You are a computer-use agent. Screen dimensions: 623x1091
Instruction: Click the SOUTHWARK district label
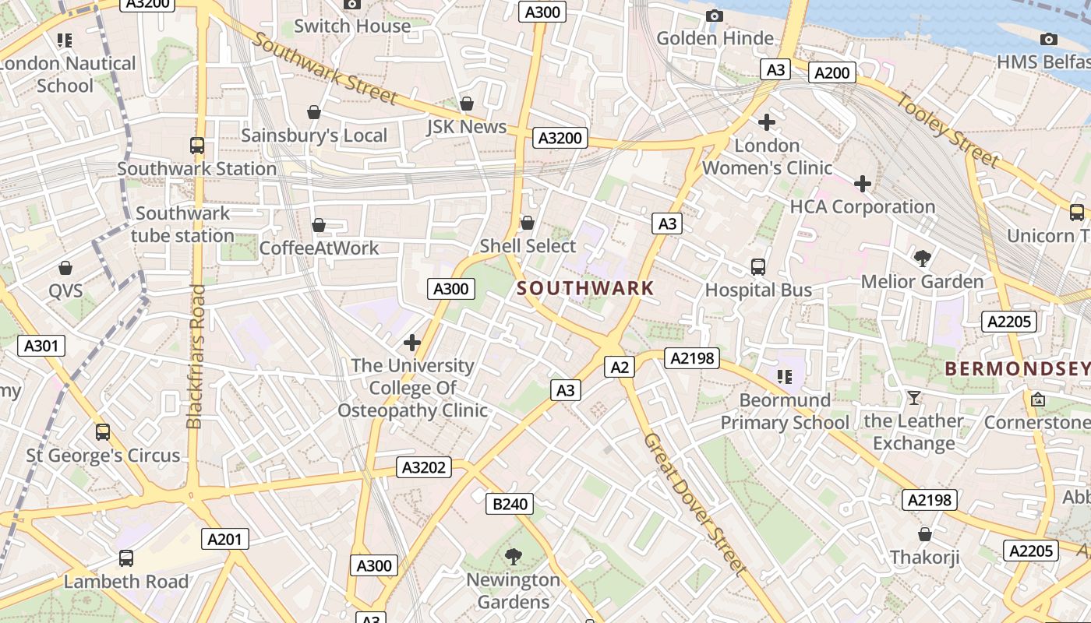(585, 288)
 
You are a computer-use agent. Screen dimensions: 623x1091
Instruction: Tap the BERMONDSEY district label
(1017, 369)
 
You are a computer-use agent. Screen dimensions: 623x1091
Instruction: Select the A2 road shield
(620, 367)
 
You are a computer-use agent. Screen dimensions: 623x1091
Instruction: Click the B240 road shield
(510, 504)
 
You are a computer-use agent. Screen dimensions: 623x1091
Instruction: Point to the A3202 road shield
(424, 467)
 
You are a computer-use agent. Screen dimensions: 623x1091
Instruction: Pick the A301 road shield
(41, 346)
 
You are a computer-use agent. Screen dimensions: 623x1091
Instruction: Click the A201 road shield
(225, 538)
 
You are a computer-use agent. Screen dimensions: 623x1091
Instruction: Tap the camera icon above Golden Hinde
(714, 16)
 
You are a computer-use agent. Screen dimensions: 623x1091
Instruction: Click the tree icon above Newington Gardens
(513, 556)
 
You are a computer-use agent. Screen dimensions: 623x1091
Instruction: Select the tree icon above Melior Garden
(922, 258)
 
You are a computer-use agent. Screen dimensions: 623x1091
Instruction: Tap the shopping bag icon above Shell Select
(528, 223)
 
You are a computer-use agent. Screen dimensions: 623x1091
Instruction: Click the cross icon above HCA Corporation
(862, 184)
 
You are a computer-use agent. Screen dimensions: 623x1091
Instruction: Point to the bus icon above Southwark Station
(197, 145)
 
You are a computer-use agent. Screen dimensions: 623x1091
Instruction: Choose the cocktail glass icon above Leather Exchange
(913, 398)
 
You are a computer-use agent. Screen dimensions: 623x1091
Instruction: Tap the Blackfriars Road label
(196, 356)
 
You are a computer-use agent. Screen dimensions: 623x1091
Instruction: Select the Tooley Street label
(947, 130)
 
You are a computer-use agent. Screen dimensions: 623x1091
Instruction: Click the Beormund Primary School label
(784, 411)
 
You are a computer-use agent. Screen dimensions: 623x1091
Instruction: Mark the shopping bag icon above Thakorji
(924, 534)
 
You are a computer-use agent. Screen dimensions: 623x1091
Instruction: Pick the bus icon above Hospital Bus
(757, 267)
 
